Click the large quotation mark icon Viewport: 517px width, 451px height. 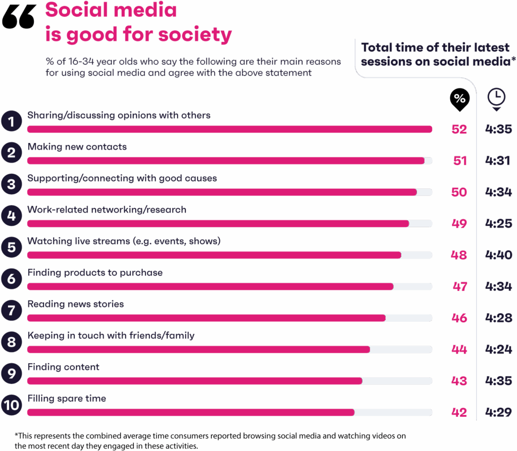(x=19, y=19)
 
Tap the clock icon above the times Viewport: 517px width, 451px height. (x=497, y=98)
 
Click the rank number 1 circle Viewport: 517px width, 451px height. (x=11, y=122)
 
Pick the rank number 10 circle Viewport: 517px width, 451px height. (x=11, y=405)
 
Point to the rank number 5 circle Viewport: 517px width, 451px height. (x=11, y=247)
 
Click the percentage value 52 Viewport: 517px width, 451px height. (x=459, y=129)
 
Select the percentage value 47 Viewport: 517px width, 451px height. (x=459, y=286)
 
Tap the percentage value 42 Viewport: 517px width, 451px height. (x=459, y=413)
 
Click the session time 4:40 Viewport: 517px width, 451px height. (x=498, y=255)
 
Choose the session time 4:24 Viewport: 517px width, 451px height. (x=498, y=349)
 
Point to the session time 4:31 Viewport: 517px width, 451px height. (x=497, y=161)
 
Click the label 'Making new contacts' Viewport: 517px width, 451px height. (x=77, y=147)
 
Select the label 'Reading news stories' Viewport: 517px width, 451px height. (x=75, y=304)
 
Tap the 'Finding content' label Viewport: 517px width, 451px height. (x=63, y=367)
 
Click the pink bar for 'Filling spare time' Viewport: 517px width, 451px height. (x=190, y=413)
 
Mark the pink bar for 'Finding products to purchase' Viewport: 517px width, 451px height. (x=210, y=287)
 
